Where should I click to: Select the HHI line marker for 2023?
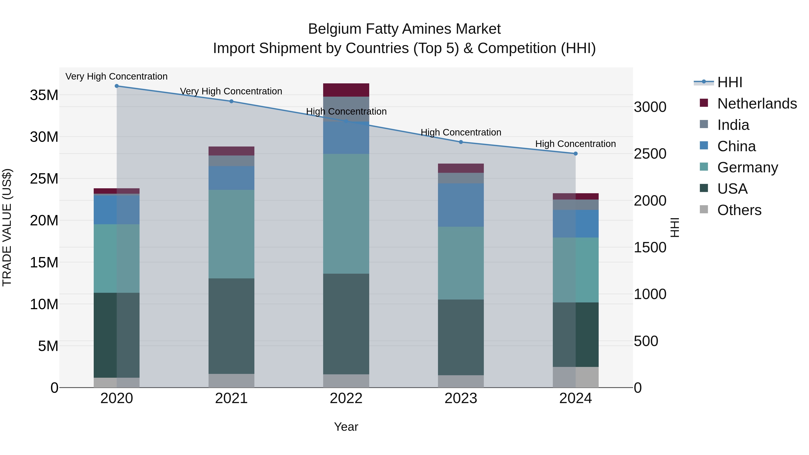pyautogui.click(x=461, y=142)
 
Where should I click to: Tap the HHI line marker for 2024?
pyautogui.click(x=575, y=153)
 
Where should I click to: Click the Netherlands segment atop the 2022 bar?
pyautogui.click(x=346, y=90)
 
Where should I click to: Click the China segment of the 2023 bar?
pyautogui.click(x=461, y=205)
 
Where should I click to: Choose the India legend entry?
pyautogui.click(x=733, y=125)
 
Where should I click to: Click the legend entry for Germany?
pyautogui.click(x=747, y=167)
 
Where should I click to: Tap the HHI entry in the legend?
pyautogui.click(x=729, y=82)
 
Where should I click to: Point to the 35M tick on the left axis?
pyautogui.click(x=44, y=95)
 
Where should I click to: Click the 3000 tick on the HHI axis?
pyautogui.click(x=650, y=107)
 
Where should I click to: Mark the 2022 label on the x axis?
pyautogui.click(x=346, y=398)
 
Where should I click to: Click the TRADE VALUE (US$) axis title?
pyautogui.click(x=7, y=227)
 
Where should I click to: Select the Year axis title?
pyautogui.click(x=346, y=427)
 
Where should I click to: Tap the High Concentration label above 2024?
pyautogui.click(x=575, y=144)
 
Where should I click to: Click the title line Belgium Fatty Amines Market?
pyautogui.click(x=404, y=29)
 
